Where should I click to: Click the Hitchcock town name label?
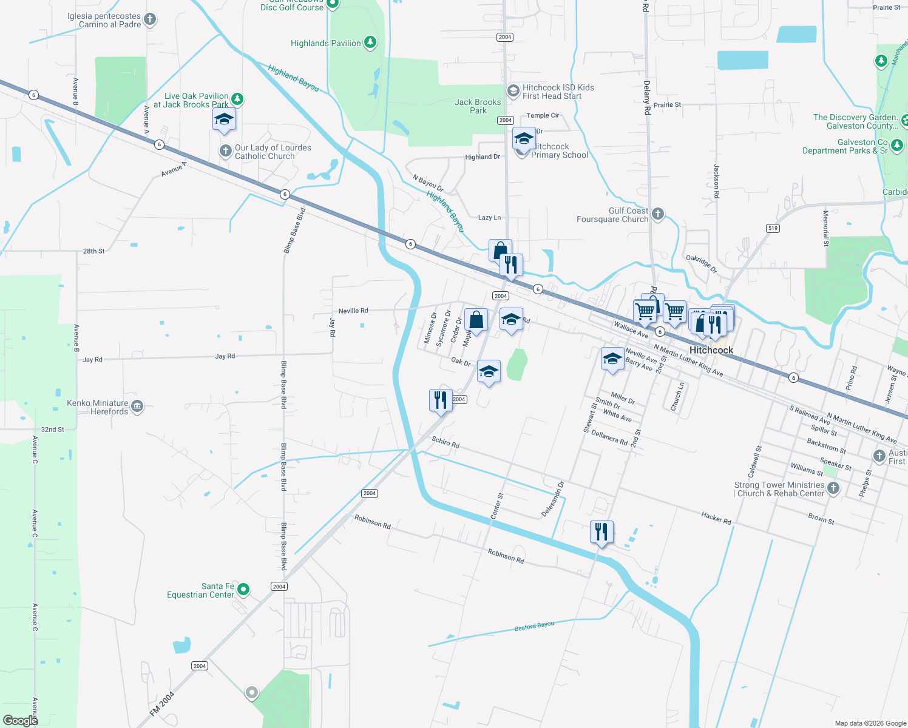point(711,350)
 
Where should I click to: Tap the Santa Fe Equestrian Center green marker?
point(243,589)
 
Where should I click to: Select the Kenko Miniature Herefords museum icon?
point(137,406)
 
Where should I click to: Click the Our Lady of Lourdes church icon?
point(225,150)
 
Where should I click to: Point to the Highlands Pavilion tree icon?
point(370,42)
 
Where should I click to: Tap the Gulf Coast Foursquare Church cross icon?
point(657,214)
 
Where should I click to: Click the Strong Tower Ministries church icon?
point(833,488)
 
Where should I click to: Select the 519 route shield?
point(772,228)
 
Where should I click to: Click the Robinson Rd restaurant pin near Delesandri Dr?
point(601,532)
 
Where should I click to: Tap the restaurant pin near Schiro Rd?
point(441,400)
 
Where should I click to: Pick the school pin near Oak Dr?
point(489,371)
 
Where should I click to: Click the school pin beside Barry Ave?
point(612,359)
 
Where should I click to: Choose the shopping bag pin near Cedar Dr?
point(476,320)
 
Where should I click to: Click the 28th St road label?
point(93,251)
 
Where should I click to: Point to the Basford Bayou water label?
point(534,626)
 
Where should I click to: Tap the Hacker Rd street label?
point(716,517)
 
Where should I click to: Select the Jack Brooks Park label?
point(478,106)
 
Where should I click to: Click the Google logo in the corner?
point(21,721)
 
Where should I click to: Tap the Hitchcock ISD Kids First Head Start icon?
point(513,91)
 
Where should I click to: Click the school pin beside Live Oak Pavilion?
point(224,120)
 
